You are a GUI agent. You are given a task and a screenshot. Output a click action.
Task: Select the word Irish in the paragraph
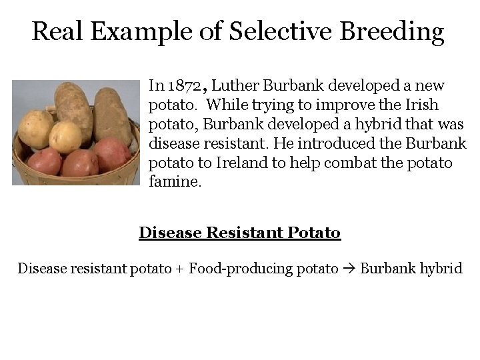pyautogui.click(x=421, y=105)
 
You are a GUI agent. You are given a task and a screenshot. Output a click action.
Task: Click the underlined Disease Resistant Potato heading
pyautogui.click(x=239, y=233)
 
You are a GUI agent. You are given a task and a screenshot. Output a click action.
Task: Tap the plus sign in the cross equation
pyautogui.click(x=179, y=269)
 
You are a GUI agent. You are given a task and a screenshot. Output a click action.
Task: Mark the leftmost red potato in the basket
pyautogui.click(x=44, y=161)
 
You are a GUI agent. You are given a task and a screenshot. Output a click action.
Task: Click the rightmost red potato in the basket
pyautogui.click(x=111, y=155)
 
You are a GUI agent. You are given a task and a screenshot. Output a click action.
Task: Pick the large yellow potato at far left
pyautogui.click(x=35, y=128)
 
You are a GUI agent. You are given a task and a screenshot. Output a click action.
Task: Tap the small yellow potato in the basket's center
pyautogui.click(x=65, y=136)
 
